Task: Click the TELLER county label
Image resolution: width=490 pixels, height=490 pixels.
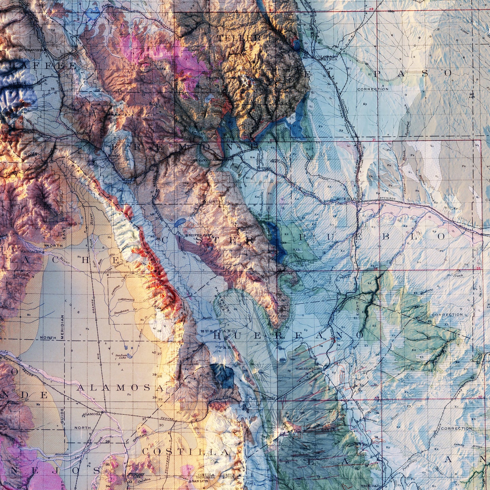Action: (x=239, y=38)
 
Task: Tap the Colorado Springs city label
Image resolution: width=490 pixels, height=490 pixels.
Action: (x=326, y=58)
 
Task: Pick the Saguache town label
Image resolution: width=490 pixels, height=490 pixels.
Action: (x=31, y=252)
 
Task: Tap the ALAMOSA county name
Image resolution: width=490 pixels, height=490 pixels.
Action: (x=120, y=388)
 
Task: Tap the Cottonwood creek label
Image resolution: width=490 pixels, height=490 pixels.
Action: (x=126, y=300)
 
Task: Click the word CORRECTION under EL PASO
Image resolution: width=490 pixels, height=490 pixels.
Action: (x=373, y=89)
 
